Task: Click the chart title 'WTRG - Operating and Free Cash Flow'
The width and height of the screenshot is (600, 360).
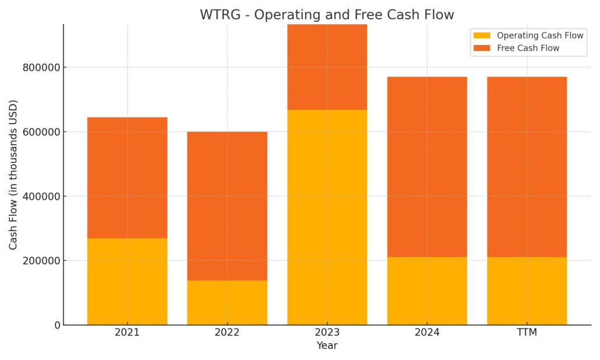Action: (x=327, y=15)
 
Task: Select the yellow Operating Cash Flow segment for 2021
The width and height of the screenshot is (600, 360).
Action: (x=128, y=281)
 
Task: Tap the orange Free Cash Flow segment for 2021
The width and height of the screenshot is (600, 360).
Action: (x=128, y=178)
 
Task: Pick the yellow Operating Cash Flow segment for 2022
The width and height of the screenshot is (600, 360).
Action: (x=227, y=302)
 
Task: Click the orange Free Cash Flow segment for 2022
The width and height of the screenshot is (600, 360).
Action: (x=227, y=206)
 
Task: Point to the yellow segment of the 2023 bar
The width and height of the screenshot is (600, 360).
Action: (x=327, y=217)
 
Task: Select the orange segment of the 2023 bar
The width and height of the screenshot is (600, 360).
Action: (x=327, y=68)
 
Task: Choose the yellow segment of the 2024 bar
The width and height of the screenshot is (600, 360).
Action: (x=427, y=291)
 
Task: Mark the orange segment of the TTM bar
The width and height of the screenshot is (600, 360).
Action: (x=527, y=167)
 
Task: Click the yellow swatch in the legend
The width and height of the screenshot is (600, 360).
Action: (x=482, y=36)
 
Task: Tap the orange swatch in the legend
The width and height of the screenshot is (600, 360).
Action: (x=482, y=48)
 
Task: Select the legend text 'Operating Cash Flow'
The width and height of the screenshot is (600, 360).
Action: (x=540, y=36)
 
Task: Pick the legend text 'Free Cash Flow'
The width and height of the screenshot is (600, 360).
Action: (x=528, y=48)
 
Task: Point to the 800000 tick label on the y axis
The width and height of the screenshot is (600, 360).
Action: (x=42, y=68)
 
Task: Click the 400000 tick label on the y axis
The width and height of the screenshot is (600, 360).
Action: (x=42, y=197)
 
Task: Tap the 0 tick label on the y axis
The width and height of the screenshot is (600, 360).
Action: (x=58, y=326)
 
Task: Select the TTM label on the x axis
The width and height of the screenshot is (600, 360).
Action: (x=527, y=333)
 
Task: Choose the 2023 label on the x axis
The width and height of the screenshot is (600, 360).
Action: (x=327, y=333)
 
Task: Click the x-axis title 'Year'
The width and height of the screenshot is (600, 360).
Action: (x=327, y=345)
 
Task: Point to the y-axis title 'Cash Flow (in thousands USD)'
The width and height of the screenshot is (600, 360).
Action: (x=13, y=175)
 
